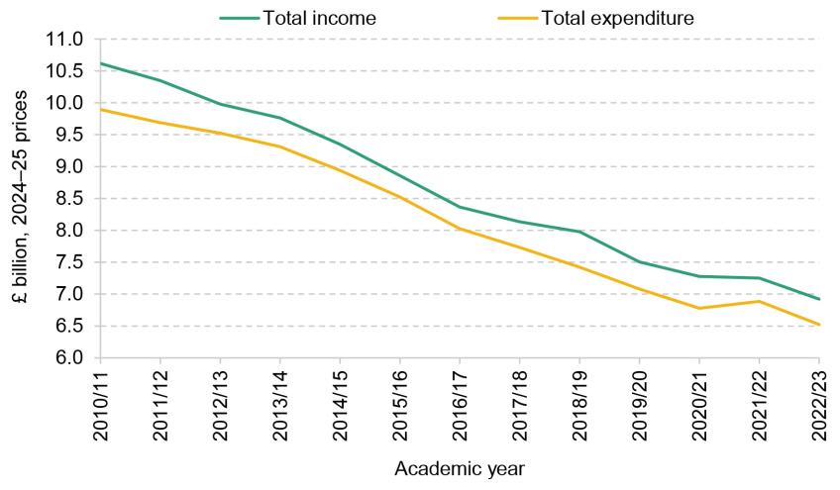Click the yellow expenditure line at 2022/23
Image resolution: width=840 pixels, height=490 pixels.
click(818, 324)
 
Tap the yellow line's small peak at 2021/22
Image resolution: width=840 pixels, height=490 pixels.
click(759, 301)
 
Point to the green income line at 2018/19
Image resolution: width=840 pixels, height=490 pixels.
click(579, 232)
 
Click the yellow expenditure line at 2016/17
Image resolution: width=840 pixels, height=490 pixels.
click(460, 229)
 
